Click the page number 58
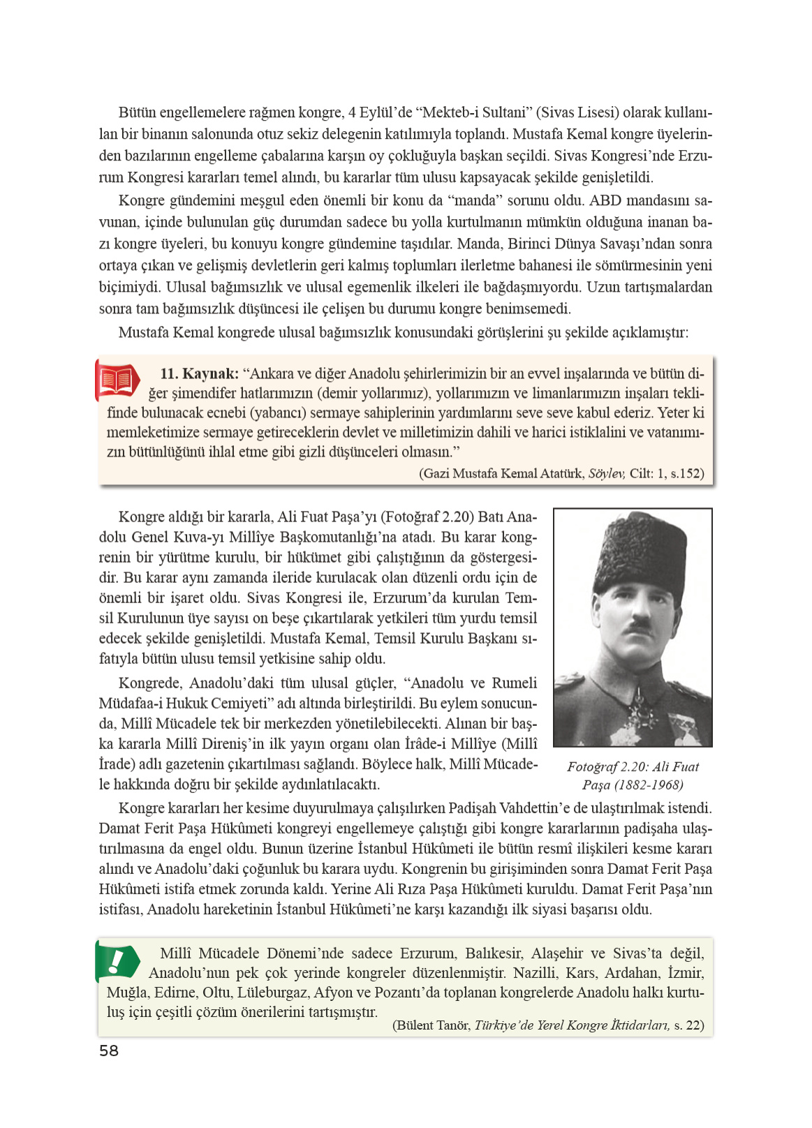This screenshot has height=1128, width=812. [109, 1051]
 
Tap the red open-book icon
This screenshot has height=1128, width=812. [117, 380]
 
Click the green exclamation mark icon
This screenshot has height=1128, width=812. [117, 960]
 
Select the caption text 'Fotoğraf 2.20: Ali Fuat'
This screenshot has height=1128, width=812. [633, 766]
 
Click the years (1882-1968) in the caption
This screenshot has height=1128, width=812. [649, 785]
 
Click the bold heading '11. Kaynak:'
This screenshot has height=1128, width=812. [199, 373]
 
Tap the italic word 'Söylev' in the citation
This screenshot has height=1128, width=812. [606, 473]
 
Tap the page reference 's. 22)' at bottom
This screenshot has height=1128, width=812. [689, 1025]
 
